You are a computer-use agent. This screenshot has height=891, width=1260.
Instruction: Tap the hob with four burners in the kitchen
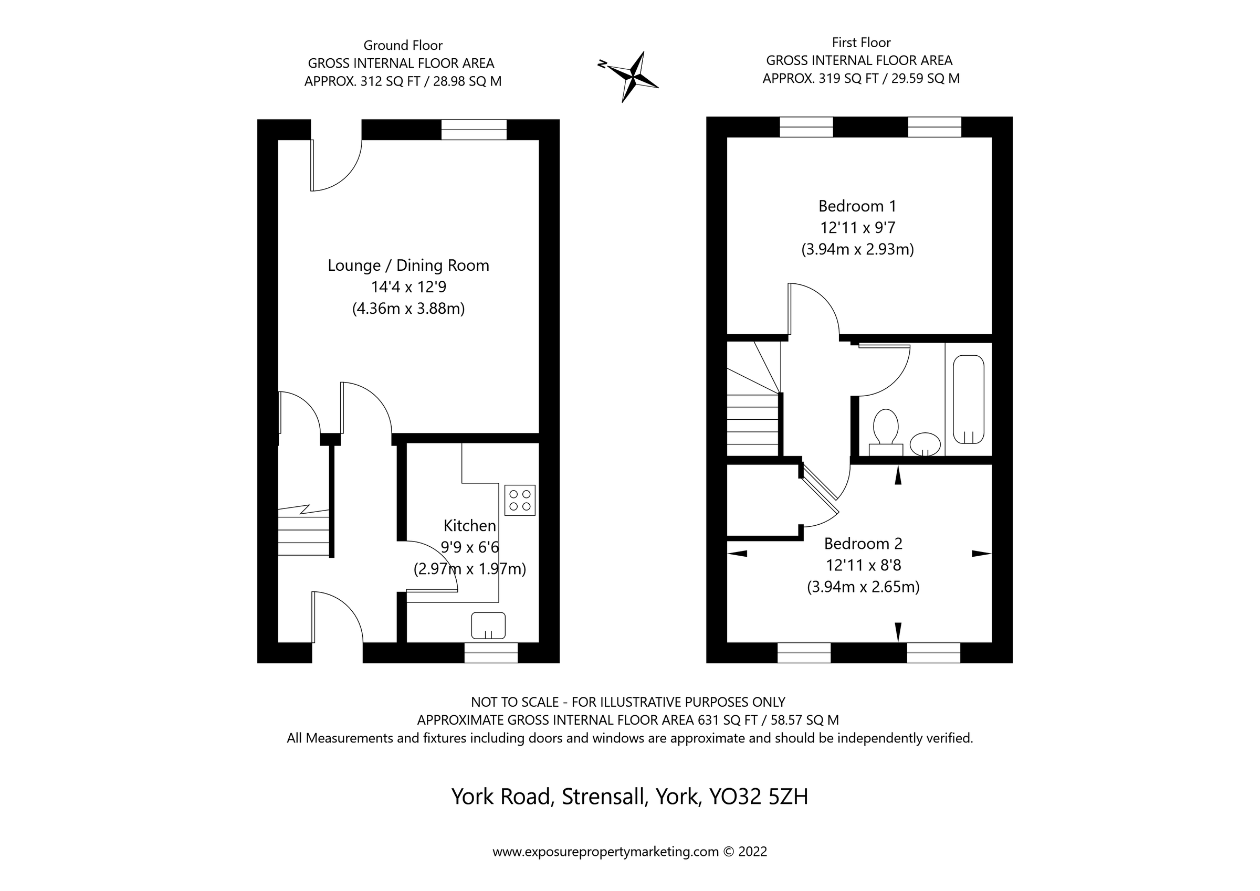pos(519,500)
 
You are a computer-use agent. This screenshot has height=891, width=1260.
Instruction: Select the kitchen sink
pos(488,625)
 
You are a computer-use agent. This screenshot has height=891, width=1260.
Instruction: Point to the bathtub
pos(969,399)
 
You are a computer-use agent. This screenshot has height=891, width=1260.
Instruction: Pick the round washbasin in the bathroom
pos(925,443)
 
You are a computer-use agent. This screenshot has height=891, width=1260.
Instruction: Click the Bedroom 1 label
pos(857,206)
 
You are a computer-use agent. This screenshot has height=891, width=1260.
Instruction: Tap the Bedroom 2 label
pos(863,544)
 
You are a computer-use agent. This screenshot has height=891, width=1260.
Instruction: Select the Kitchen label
pos(470,526)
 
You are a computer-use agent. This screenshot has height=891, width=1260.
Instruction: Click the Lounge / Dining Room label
pos(408,266)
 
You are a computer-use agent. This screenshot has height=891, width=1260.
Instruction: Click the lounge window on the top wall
pos(474,130)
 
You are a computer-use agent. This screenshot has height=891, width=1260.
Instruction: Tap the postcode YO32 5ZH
pos(759,797)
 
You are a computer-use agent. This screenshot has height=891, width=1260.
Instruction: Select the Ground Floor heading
pos(403,46)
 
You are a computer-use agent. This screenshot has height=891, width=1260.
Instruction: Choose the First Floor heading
pos(861,43)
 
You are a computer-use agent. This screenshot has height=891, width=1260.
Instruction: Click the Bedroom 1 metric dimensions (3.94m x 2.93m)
pos(857,250)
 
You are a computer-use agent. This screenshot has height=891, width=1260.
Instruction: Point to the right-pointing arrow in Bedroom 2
pos(981,554)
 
